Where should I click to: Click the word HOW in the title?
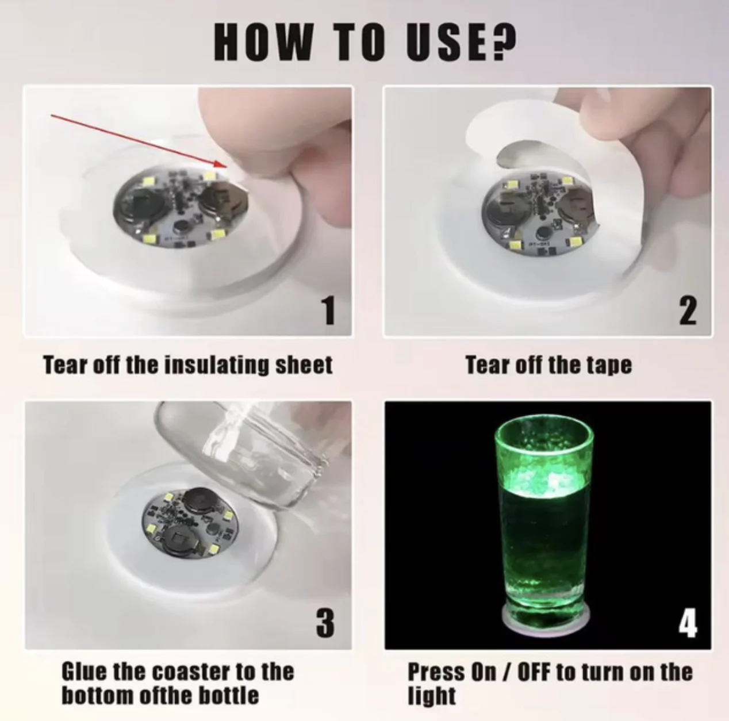click(x=264, y=41)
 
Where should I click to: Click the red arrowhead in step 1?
click(x=220, y=164)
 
